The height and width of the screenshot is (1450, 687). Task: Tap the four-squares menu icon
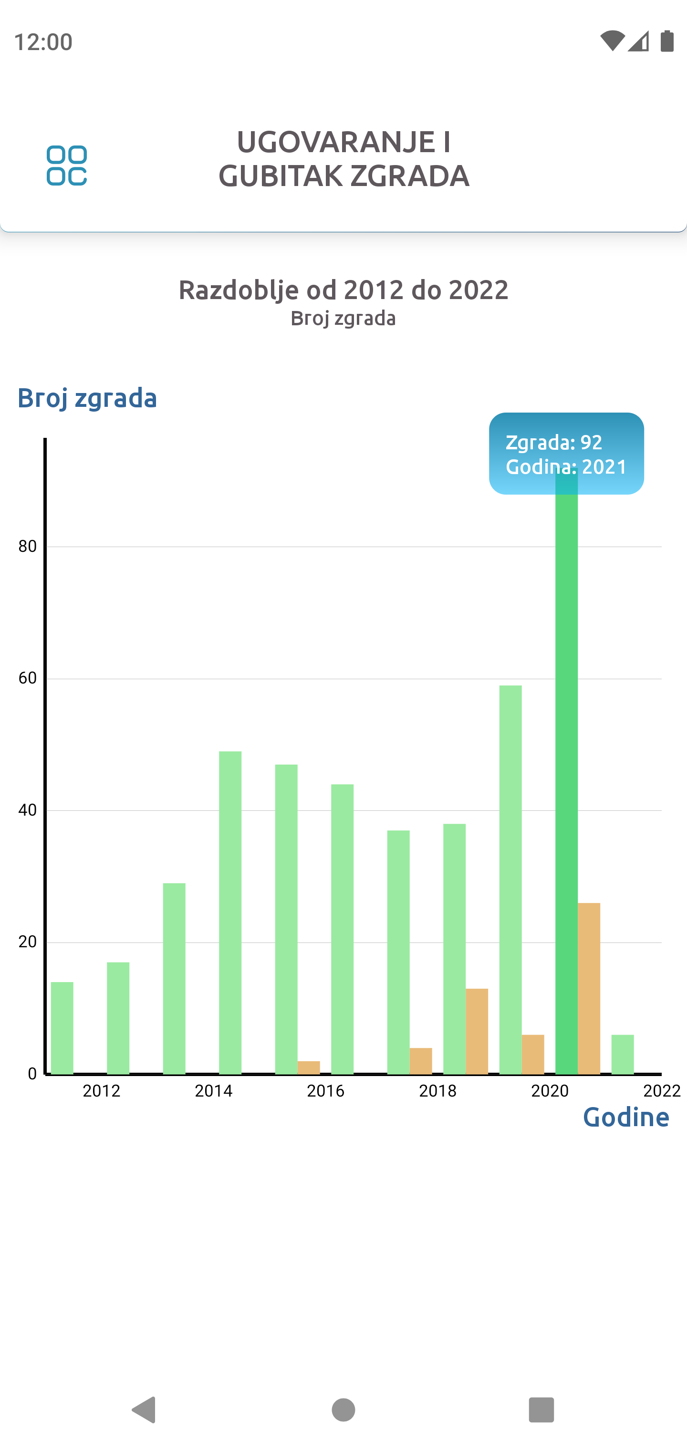point(66,166)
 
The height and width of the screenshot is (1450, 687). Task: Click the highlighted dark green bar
point(566,788)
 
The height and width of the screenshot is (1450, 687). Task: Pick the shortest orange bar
point(309,1067)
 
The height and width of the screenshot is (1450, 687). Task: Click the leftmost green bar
point(62,1028)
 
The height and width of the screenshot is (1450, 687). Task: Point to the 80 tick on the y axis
point(28,546)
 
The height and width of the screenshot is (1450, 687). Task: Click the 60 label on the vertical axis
point(28,678)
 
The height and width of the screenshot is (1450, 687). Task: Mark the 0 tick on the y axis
point(32,1073)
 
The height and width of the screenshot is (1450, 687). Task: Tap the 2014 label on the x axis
point(213,1091)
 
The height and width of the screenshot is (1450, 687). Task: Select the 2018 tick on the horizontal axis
point(437,1091)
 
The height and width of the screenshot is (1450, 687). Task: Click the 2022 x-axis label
point(662,1091)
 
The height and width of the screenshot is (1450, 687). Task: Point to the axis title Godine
point(625,1117)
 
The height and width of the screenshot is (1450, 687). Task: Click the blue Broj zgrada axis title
point(87,398)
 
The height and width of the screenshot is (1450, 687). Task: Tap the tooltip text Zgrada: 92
point(554,443)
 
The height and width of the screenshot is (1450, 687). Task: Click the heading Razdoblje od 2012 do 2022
point(343,290)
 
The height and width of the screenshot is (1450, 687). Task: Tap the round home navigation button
point(343,1409)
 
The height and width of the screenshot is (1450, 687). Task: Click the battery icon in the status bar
point(667,41)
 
